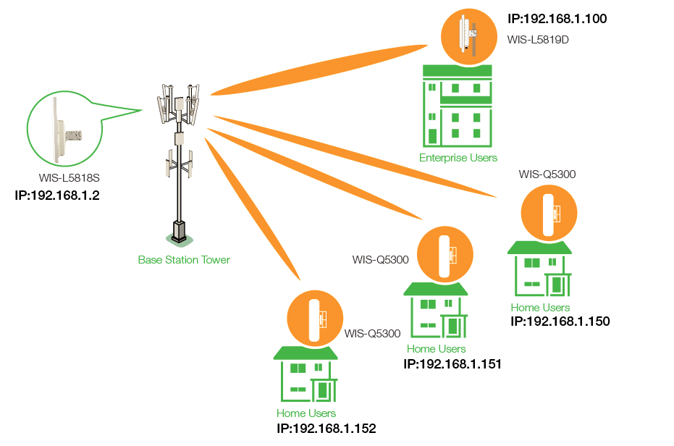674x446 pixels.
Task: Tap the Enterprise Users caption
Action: click(x=458, y=157)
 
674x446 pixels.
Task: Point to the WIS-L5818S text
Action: click(x=69, y=177)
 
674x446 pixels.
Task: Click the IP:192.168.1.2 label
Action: click(x=56, y=195)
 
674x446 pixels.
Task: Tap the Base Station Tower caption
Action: click(x=184, y=259)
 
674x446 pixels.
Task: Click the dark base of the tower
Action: click(x=177, y=230)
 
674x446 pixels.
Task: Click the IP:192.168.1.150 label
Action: click(x=560, y=321)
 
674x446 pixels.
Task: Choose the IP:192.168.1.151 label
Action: click(x=452, y=363)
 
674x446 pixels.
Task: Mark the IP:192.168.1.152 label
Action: click(x=326, y=428)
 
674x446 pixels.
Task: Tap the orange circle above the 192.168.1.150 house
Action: click(x=549, y=213)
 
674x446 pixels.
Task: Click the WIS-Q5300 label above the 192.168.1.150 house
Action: click(x=547, y=174)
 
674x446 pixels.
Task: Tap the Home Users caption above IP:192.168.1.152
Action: click(x=306, y=413)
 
